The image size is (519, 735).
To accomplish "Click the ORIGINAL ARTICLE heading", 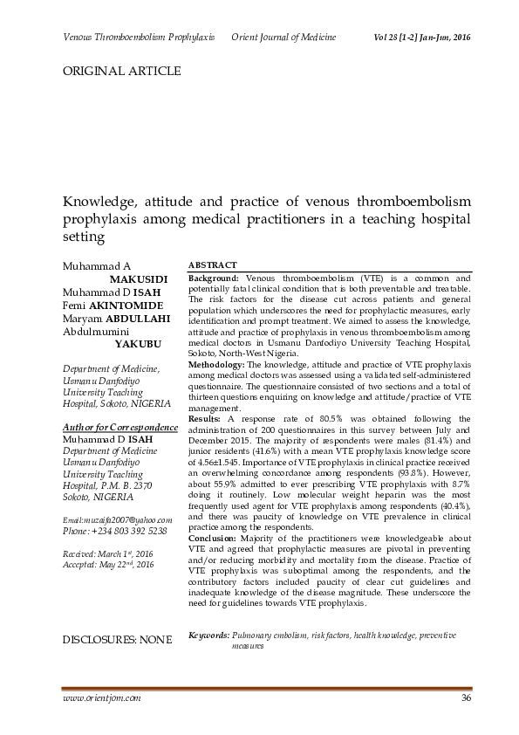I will (121, 71).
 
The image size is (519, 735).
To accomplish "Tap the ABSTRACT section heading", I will (214, 264).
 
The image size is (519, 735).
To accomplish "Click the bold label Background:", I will (214, 278).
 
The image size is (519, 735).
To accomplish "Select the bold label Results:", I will (206, 419).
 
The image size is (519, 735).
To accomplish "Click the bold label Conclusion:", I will (215, 539).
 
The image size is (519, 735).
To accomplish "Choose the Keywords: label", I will (209, 635).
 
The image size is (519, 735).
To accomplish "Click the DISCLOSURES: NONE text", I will (118, 640).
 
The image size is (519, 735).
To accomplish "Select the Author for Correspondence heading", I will (114, 426).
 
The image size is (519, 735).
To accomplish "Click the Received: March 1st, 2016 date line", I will (109, 554).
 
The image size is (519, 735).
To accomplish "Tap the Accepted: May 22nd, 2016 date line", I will (109, 566).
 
